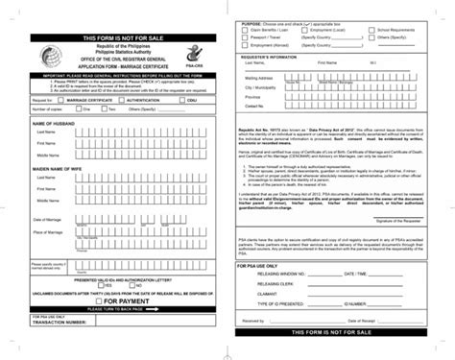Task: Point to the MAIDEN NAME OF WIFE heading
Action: click(57, 168)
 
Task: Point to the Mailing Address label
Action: click(260, 77)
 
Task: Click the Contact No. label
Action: click(254, 106)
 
